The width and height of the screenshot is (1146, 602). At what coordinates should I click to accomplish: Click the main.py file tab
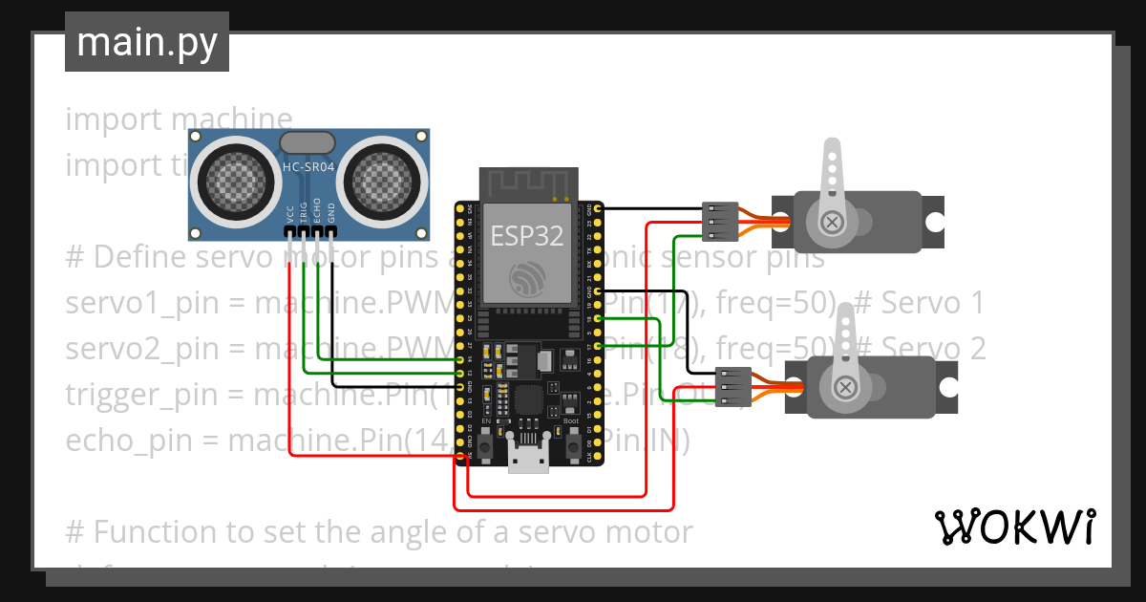coord(146,42)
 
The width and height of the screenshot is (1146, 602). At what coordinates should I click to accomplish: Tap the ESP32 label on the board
coord(526,236)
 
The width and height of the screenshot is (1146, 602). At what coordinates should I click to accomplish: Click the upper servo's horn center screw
coord(833,222)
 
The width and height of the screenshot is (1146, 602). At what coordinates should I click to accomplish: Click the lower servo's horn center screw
coord(845,387)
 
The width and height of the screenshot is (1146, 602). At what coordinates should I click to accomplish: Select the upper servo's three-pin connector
coord(718,222)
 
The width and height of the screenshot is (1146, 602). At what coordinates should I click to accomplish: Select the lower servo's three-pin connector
coord(732,387)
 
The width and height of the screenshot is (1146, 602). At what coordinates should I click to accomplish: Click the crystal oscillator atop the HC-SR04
coord(308,142)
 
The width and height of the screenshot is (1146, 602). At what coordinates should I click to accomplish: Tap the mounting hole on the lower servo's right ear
coord(947,387)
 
